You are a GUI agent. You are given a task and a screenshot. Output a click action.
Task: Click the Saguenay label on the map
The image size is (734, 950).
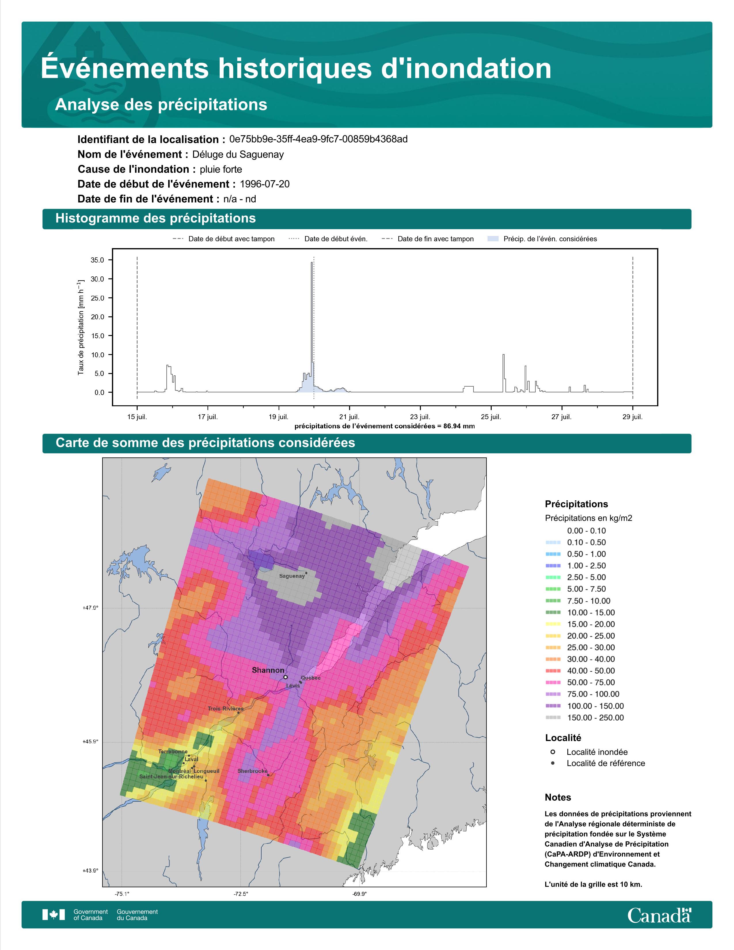click(292, 576)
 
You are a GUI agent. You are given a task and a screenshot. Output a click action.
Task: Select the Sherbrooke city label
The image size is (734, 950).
click(252, 771)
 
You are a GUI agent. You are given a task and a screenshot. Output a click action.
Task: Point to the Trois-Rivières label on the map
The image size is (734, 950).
click(225, 708)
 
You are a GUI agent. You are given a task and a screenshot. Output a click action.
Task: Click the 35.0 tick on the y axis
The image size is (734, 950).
click(97, 260)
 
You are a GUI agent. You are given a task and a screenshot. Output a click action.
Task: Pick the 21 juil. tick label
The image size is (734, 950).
click(349, 417)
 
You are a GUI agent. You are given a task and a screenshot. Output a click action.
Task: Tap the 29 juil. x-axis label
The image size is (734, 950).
click(632, 417)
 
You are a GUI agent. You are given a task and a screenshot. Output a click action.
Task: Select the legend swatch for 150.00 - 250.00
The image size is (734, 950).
click(553, 718)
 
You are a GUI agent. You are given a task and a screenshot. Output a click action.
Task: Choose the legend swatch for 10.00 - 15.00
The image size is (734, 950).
click(553, 612)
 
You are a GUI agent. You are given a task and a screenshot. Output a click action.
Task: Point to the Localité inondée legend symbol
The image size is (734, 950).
click(553, 752)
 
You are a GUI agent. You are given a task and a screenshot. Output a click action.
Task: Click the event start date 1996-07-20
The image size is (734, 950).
click(264, 184)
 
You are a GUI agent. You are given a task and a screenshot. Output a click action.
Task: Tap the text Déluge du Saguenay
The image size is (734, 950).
click(238, 154)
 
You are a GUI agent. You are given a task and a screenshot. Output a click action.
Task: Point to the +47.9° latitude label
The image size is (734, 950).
click(90, 608)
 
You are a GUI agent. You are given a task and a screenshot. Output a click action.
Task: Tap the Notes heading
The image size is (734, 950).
click(558, 797)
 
